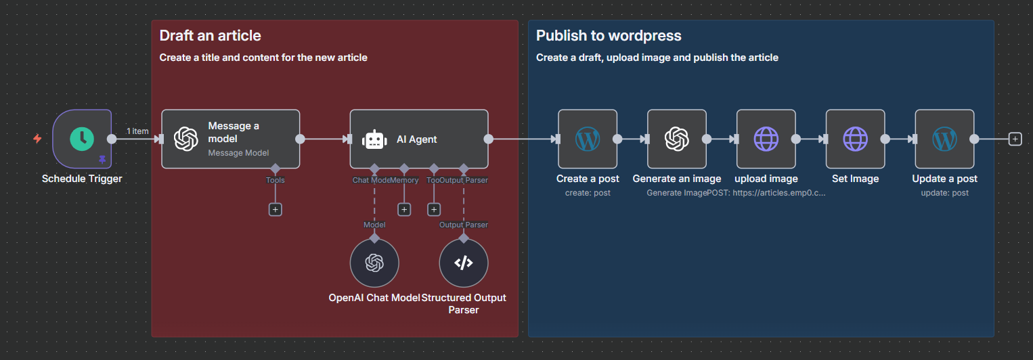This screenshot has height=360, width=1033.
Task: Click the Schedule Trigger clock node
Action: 82,139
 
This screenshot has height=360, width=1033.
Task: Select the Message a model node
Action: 230,139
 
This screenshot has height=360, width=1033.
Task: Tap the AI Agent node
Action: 418,139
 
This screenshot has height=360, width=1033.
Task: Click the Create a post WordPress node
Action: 587,139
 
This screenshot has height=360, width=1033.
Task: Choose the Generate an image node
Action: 676,139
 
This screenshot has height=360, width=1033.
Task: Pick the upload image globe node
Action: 766,139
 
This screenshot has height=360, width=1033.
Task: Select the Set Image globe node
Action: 855,139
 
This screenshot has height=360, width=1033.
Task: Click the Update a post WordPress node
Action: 944,139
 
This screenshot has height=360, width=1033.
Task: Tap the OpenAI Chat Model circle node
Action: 374,263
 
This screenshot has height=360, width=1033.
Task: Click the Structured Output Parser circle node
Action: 463,263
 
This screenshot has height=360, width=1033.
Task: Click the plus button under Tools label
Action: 275,210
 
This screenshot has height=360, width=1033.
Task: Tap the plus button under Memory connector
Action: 404,210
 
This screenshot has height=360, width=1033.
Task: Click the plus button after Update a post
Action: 1015,139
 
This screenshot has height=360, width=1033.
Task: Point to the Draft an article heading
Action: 210,36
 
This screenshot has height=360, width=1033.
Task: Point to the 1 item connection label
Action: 137,131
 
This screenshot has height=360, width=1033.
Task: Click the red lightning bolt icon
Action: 37,139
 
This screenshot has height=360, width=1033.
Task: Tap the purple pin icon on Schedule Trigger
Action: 102,160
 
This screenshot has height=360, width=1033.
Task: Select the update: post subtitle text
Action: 944,193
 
